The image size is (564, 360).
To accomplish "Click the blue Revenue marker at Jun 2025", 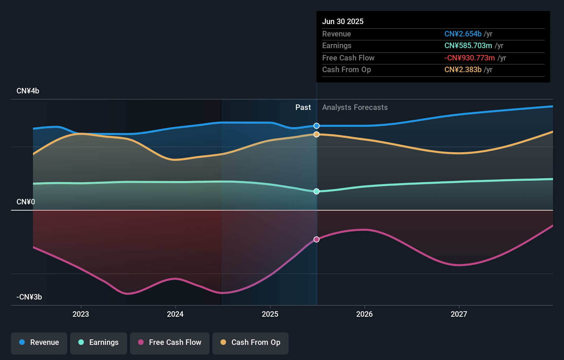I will [316, 126].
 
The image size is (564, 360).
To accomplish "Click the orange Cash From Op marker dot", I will [316, 134].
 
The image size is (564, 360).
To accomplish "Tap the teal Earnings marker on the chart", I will [316, 191].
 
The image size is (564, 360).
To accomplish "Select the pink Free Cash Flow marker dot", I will [316, 239].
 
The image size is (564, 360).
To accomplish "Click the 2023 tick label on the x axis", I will [81, 314].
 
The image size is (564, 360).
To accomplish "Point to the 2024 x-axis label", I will [175, 314].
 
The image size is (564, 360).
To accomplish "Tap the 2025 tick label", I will [270, 314].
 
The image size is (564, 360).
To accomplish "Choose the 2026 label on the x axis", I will [364, 314].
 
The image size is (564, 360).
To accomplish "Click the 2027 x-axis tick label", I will [459, 314].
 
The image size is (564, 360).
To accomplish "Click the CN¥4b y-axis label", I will [28, 91].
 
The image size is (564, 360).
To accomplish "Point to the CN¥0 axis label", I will [26, 202].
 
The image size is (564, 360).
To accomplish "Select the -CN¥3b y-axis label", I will [29, 297].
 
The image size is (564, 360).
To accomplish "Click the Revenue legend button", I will [39, 342].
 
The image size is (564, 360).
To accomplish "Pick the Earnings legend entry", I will [99, 342].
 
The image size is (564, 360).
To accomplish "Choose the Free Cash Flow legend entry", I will [170, 342].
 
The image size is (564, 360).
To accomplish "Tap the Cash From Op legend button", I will [250, 342].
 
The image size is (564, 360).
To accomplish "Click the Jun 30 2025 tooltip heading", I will [343, 21].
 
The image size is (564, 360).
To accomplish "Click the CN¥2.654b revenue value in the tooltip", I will [463, 34].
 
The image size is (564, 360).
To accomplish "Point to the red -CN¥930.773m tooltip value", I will [470, 58].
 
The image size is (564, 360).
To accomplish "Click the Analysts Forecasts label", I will [355, 108].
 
